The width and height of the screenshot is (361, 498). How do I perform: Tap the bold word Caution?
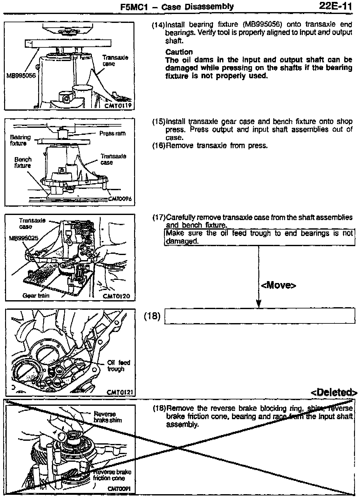coord(179,52)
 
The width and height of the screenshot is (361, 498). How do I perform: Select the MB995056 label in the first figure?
coord(21,76)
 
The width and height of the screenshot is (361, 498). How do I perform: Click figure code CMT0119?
coord(118,106)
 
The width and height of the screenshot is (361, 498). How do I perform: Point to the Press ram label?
coord(112,133)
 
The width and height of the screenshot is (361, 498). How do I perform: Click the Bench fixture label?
coord(23,162)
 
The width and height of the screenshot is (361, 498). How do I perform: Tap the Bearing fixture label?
coord(20,140)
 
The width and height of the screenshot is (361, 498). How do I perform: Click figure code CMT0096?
coord(120,199)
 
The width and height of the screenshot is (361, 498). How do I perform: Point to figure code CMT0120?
coord(117,296)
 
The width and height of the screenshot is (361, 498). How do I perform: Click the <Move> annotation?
coord(278,285)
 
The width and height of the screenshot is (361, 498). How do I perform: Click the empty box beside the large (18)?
coord(259,316)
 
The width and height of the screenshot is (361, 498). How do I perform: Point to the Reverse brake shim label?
coord(107,417)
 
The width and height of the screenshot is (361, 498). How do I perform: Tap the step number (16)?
coord(159,146)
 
